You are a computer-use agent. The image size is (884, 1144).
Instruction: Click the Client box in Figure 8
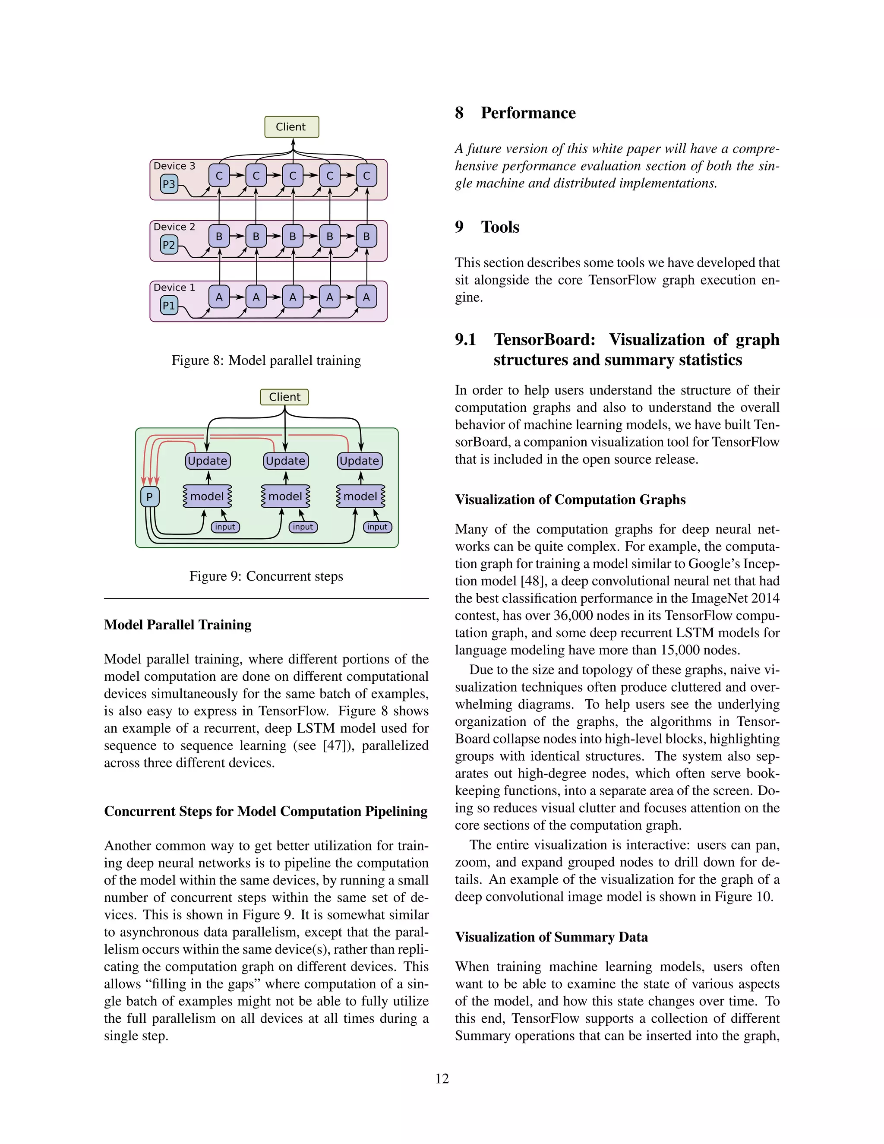pyautogui.click(x=291, y=127)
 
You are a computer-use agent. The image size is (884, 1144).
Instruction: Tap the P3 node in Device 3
pyautogui.click(x=169, y=184)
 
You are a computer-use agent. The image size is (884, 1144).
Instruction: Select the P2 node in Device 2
pyautogui.click(x=169, y=245)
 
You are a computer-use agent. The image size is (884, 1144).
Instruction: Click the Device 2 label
pyautogui.click(x=174, y=227)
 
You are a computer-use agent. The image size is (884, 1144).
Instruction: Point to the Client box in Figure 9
pyautogui.click(x=284, y=397)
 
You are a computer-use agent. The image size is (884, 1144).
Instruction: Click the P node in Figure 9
pyautogui.click(x=150, y=496)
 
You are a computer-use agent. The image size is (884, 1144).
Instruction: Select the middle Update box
pyautogui.click(x=285, y=461)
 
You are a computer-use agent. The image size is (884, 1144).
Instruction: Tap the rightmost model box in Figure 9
pyautogui.click(x=360, y=496)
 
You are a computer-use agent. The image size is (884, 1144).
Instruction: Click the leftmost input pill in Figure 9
pyautogui.click(x=225, y=527)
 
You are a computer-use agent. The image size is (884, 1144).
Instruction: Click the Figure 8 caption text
pyautogui.click(x=266, y=360)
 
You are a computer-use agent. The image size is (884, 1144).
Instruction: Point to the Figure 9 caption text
pyautogui.click(x=266, y=576)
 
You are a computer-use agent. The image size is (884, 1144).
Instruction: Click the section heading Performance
pyautogui.click(x=528, y=113)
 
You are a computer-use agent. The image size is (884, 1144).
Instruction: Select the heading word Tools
pyautogui.click(x=500, y=228)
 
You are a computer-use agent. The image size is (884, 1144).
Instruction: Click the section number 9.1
pyautogui.click(x=465, y=340)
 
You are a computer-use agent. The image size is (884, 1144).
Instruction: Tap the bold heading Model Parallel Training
pyautogui.click(x=177, y=625)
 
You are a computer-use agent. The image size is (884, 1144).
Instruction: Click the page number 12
pyautogui.click(x=442, y=1078)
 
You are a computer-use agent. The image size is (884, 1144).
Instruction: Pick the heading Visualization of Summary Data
pyautogui.click(x=551, y=937)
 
